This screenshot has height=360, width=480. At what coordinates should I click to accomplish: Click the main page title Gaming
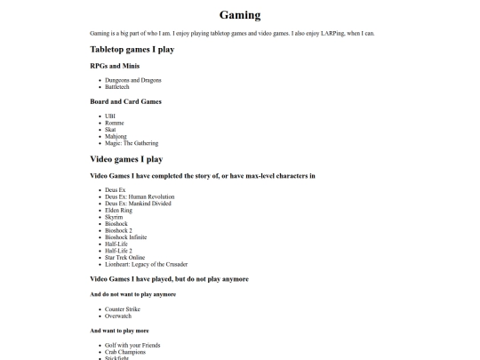240,15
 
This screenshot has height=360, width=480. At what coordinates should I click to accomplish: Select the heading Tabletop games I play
132,50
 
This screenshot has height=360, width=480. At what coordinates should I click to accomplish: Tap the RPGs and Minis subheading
114,66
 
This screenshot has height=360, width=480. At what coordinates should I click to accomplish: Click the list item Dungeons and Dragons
132,80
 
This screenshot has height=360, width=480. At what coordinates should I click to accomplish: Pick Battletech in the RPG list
117,86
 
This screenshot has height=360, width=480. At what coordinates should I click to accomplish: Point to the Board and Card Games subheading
125,101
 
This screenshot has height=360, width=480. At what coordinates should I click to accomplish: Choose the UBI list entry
110,116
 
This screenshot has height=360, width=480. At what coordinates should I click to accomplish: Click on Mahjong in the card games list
116,136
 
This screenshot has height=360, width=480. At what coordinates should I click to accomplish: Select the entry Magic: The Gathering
132,142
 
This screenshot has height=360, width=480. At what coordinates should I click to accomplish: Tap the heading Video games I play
126,159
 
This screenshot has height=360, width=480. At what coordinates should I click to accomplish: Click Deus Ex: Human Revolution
140,196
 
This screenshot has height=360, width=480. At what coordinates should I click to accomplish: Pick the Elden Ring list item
119,210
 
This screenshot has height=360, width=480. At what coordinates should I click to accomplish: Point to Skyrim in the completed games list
114,217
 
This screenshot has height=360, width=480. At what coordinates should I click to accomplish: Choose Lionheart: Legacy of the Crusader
146,264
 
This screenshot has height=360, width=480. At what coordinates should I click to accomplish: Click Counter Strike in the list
123,308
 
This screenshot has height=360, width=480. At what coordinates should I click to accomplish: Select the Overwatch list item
119,315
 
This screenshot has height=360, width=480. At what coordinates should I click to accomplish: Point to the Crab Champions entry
125,351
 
